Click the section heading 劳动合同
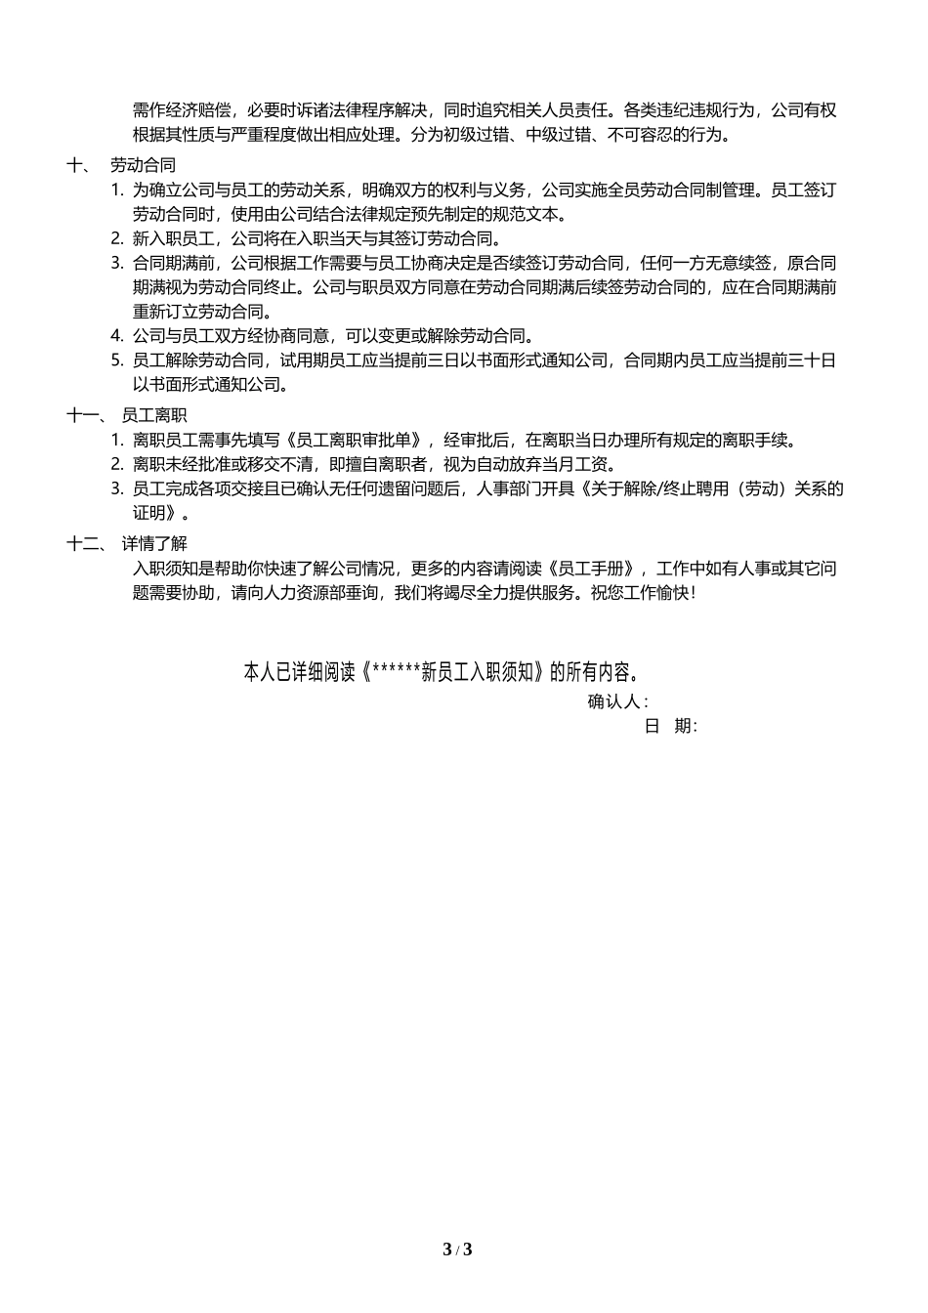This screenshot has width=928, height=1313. click(143, 165)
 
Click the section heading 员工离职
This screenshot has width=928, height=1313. click(153, 415)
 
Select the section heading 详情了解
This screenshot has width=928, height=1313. click(153, 543)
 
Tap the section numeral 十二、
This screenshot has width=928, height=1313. click(85, 543)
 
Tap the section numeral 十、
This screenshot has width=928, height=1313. click(79, 165)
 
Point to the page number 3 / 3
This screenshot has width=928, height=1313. click(457, 1249)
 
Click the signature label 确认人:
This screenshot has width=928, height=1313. click(617, 701)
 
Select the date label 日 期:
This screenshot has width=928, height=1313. click(671, 726)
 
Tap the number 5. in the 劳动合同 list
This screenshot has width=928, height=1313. click(117, 360)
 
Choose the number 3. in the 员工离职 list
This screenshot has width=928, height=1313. click(117, 488)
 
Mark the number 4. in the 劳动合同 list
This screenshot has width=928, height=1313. click(117, 336)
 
